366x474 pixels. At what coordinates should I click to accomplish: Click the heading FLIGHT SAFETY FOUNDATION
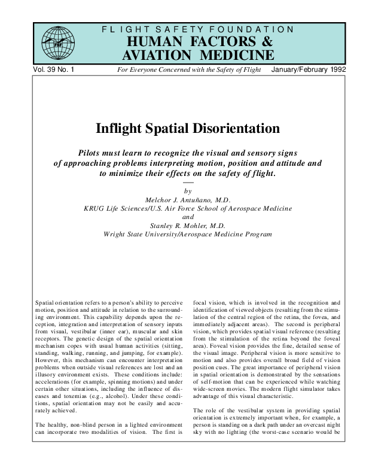pos(199,29)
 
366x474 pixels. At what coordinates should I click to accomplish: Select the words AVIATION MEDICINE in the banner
pos(199,55)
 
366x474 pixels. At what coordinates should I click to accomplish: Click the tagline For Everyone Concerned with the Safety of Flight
pos(189,70)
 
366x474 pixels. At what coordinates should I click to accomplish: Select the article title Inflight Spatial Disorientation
pos(188,128)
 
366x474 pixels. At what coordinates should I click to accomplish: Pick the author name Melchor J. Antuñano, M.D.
pos(188,199)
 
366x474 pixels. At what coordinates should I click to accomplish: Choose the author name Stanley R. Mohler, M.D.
pos(188,226)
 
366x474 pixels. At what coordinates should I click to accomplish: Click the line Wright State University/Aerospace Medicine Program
pos(188,235)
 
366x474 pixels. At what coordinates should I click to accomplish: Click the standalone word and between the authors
pos(188,217)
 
